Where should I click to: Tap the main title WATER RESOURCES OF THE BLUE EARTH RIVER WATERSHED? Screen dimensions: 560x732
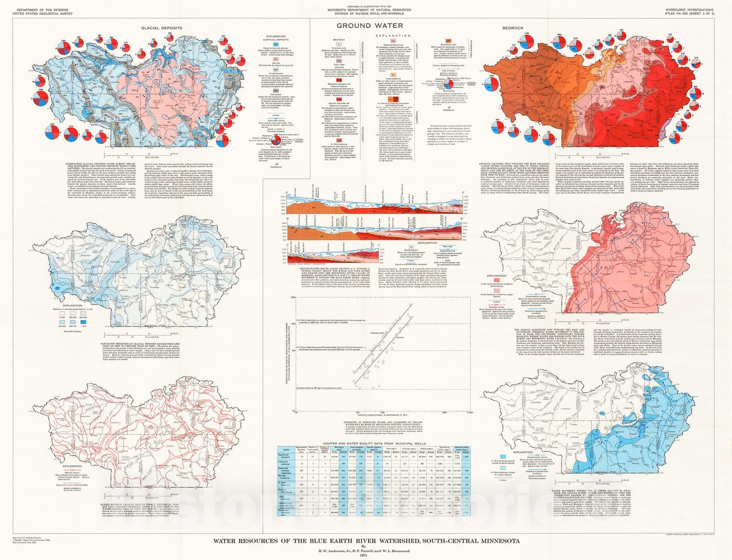pyautogui.click(x=366, y=540)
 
